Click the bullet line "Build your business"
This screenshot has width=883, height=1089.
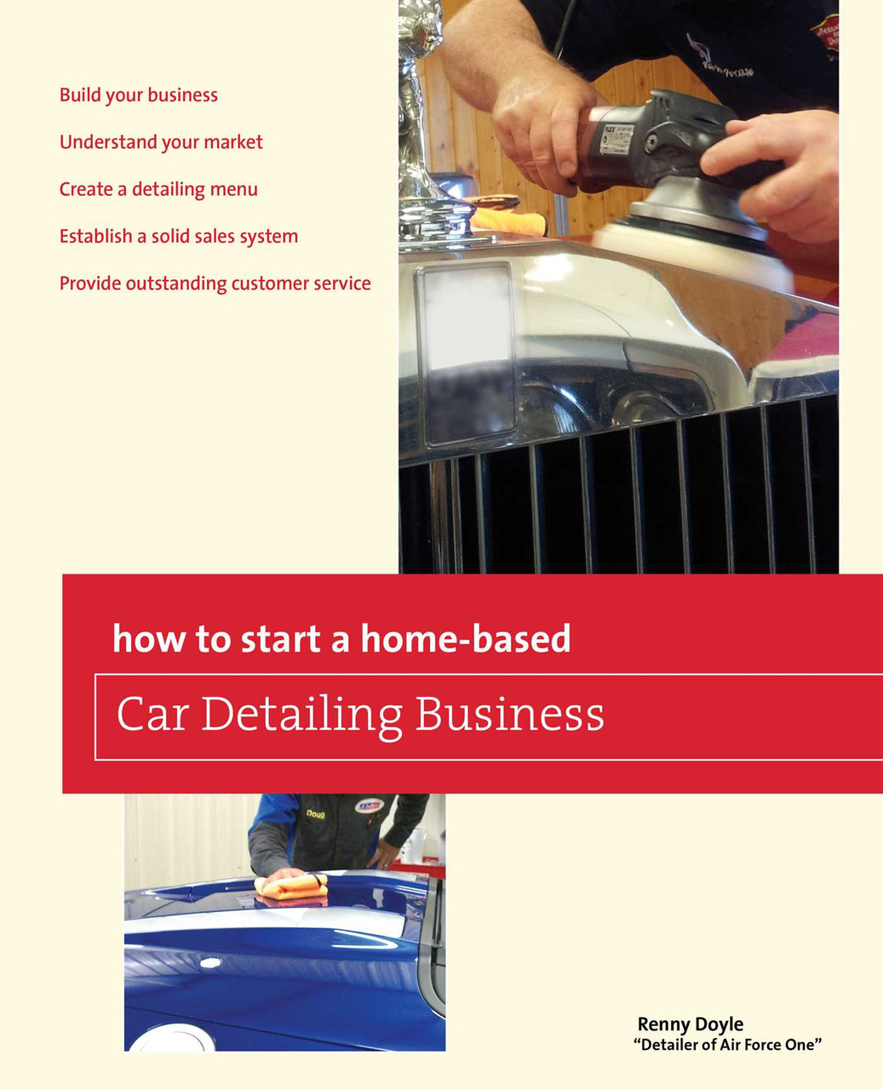click(139, 95)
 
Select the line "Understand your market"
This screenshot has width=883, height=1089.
click(161, 143)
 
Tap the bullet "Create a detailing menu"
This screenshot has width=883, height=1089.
click(158, 190)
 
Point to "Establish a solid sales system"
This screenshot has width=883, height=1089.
click(179, 237)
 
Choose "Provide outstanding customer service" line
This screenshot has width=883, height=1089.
click(215, 284)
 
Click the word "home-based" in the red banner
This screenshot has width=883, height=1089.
click(466, 638)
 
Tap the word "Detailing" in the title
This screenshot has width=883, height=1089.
click(302, 716)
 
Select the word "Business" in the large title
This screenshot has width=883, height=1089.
click(509, 713)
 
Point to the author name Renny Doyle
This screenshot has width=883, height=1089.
click(690, 1024)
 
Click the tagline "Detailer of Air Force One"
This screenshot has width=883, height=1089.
click(727, 1045)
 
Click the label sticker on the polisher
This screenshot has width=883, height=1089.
click(616, 138)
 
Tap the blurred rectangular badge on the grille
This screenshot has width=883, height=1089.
click(467, 354)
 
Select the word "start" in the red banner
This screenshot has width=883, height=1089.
click(281, 639)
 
